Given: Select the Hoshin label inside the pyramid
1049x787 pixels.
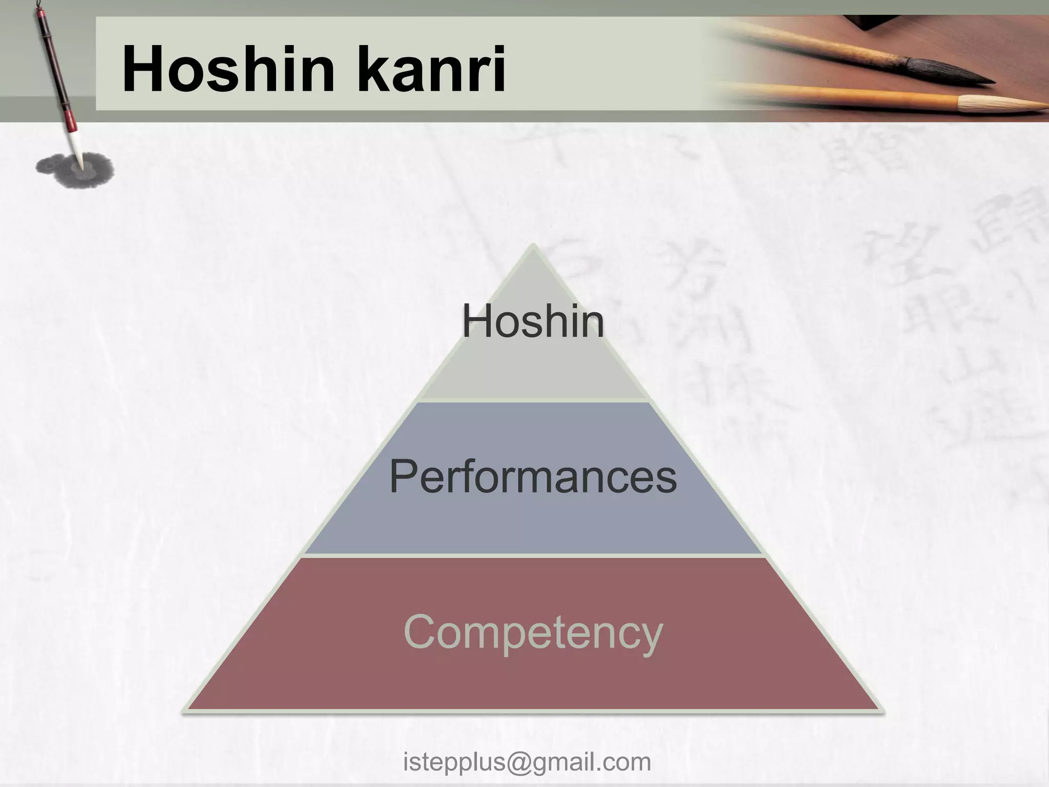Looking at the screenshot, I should [533, 322].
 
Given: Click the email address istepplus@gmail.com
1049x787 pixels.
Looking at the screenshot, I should [527, 761].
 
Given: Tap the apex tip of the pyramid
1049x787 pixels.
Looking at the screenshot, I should [533, 246].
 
